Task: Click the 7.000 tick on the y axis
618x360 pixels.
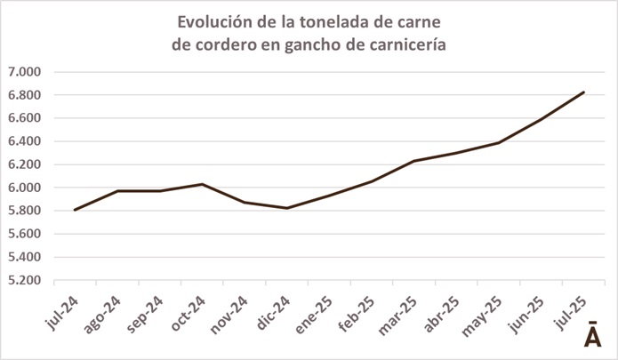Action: pos(24,72)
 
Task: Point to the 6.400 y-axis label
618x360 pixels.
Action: pos(24,141)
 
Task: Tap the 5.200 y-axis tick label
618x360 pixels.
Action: pos(24,281)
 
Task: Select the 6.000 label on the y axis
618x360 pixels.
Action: pos(24,188)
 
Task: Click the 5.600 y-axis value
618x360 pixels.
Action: pos(24,235)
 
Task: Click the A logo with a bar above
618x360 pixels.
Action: pos(591,335)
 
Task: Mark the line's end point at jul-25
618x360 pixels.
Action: pos(582,92)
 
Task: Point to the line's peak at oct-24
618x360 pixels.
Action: pos(202,184)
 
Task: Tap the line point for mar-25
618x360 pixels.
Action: pos(413,161)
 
